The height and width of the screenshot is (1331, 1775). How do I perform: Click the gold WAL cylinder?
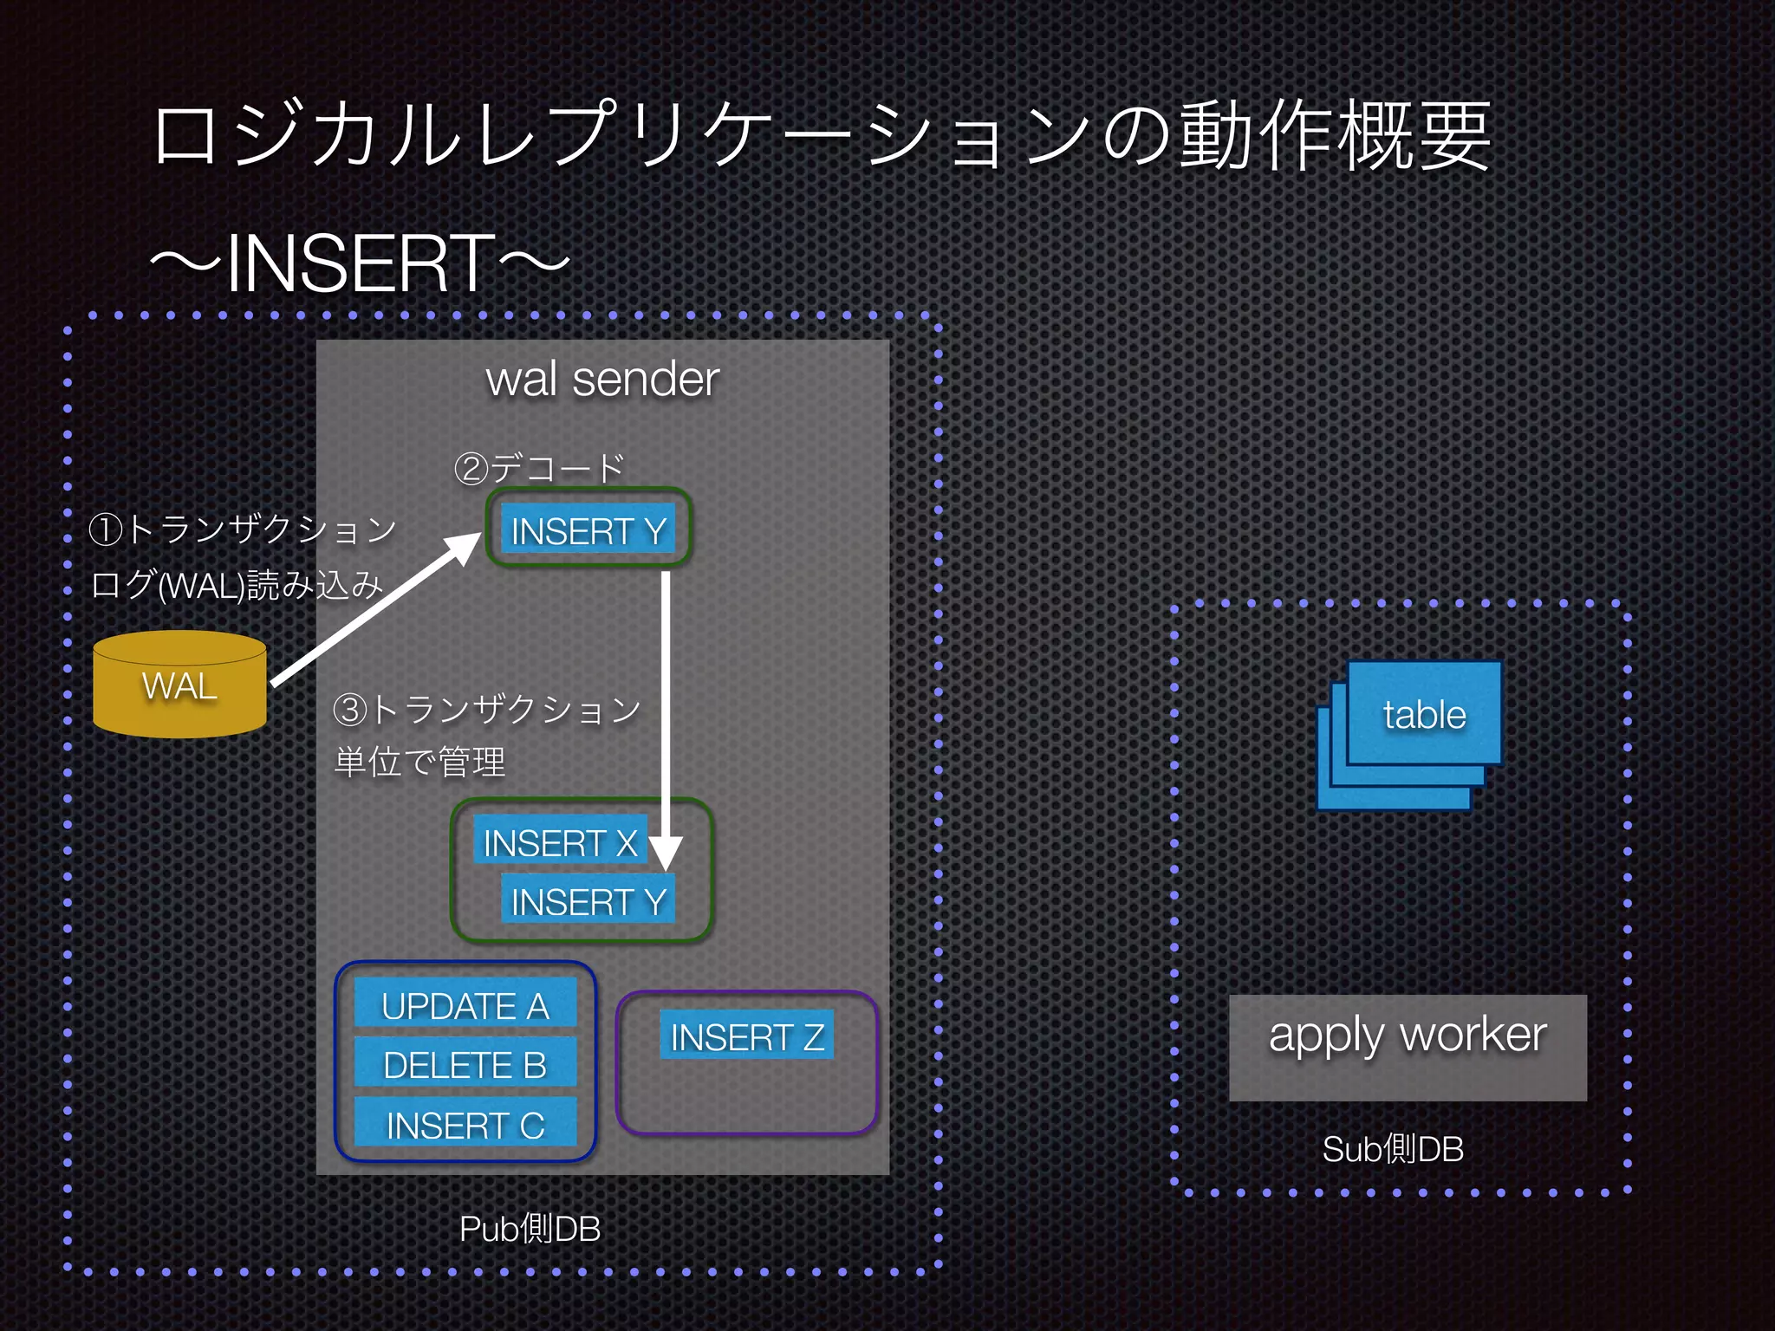179,685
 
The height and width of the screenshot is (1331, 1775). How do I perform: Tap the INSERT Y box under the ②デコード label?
588,529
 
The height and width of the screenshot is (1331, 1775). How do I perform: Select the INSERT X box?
560,841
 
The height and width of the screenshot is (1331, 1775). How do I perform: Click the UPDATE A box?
465,1005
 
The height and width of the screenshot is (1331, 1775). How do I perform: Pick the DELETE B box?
465,1064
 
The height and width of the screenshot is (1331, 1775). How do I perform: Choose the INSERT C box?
465,1124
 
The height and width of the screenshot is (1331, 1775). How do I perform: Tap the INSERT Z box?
746,1036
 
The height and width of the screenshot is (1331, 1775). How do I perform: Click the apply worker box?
1408,1046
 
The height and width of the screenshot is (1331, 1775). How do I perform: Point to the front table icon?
1424,713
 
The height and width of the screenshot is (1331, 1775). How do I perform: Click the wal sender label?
602,380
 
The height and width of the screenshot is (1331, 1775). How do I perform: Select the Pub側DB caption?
530,1228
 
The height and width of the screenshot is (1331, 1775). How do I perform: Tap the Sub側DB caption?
1393,1149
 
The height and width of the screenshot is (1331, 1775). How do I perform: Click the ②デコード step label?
539,468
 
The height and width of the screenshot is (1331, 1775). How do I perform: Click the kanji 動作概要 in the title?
1335,137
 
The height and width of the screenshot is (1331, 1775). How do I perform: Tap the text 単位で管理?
419,762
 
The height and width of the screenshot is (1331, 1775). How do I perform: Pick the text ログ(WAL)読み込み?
236,585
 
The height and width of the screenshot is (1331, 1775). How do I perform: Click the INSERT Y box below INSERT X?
588,901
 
